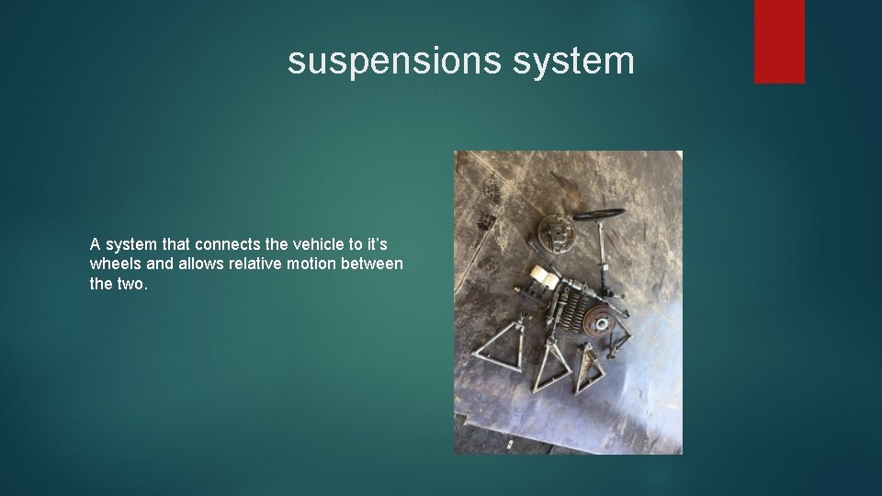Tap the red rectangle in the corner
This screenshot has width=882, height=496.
[x=779, y=40]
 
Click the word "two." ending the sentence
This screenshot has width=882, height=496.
[x=131, y=284]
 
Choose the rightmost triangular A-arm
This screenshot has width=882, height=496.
[x=588, y=367]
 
